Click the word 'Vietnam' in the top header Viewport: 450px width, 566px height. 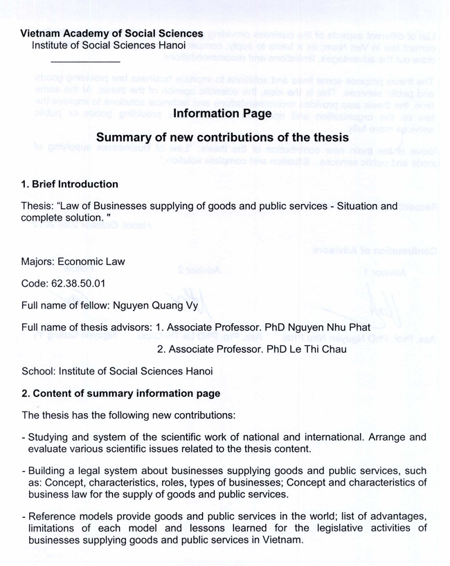coord(40,33)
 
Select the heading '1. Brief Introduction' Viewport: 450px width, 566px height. coord(70,185)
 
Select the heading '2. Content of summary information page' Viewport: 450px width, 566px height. coord(121,394)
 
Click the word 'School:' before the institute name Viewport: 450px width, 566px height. coord(39,372)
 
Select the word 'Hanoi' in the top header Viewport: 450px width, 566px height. coord(173,45)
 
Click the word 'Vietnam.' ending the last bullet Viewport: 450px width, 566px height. coord(282,539)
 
